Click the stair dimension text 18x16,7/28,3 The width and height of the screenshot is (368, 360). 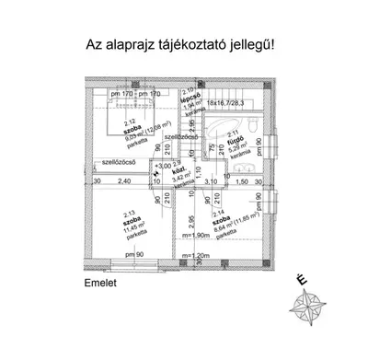[229, 103]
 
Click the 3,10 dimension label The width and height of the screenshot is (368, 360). [210, 181]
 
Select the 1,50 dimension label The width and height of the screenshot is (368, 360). [242, 181]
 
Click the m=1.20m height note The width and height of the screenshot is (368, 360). [197, 255]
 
